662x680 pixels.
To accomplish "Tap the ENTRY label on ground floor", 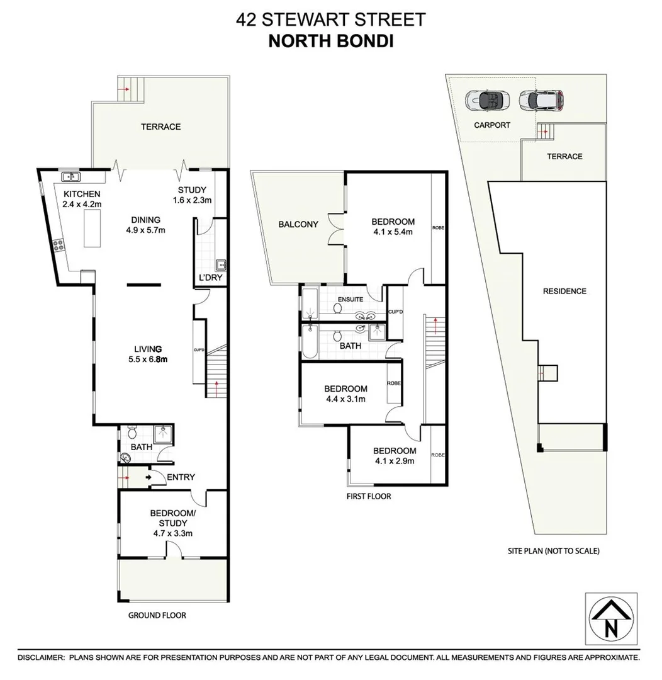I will click(x=181, y=477).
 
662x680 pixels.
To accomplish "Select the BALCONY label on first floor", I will click(x=298, y=224).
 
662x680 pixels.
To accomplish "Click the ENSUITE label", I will click(x=351, y=299).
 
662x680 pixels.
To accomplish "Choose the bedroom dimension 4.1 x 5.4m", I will click(x=393, y=232).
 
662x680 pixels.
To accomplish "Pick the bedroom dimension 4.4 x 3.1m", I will click(x=345, y=399).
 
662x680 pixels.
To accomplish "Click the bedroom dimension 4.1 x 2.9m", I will click(x=395, y=461).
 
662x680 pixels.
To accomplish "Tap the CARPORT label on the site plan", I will click(x=492, y=125).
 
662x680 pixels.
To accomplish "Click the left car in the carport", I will click(x=486, y=99).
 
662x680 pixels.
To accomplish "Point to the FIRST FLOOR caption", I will click(x=369, y=496).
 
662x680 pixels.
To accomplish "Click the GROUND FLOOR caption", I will click(x=157, y=615).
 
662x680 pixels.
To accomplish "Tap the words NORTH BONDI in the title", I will click(x=330, y=41).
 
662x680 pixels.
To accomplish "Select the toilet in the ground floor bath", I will click(x=132, y=433).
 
